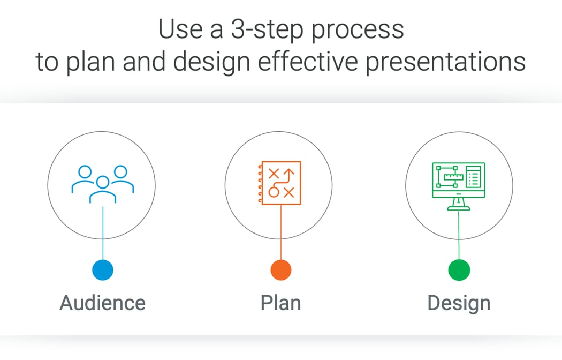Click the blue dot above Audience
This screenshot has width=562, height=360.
(103, 269)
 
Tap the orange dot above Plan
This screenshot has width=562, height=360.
(281, 269)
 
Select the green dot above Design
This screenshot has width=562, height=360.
(459, 269)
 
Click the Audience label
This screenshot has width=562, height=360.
(102, 303)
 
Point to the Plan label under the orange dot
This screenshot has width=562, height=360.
(280, 303)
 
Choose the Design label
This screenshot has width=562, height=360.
(459, 303)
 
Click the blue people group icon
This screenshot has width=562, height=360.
(102, 184)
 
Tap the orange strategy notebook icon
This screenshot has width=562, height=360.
(279, 183)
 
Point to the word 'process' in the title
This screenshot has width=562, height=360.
(358, 31)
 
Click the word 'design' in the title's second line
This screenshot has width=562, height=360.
(215, 62)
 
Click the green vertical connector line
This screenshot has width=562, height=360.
(459, 236)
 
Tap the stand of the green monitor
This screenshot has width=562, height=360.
(458, 202)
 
